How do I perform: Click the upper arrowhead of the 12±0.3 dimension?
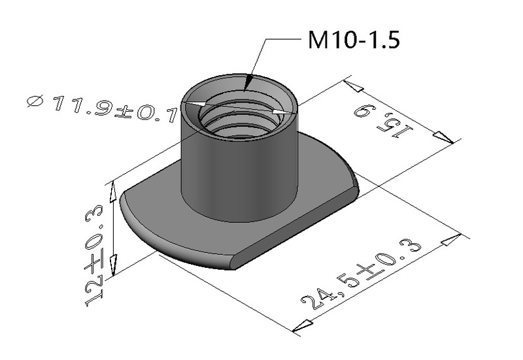pyautogui.click(x=114, y=191)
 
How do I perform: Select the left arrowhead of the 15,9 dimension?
pyautogui.click(x=355, y=88)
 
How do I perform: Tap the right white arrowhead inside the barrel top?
pyautogui.click(x=282, y=114)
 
